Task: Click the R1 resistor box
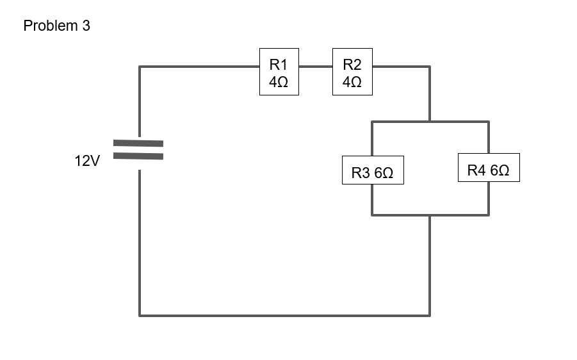279,72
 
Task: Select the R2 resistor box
352,72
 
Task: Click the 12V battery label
87,161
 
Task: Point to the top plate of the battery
138,143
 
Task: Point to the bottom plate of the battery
138,156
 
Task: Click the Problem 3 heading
56,26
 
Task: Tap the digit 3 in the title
86,26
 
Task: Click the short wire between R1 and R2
315,66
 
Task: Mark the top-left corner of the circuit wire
140,66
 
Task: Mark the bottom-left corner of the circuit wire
140,315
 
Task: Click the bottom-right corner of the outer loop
430,315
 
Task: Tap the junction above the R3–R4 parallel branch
430,122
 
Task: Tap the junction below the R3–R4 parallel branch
430,215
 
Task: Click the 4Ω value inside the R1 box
279,83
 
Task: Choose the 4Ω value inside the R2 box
352,83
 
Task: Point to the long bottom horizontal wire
285,315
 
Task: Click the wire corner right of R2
430,66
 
